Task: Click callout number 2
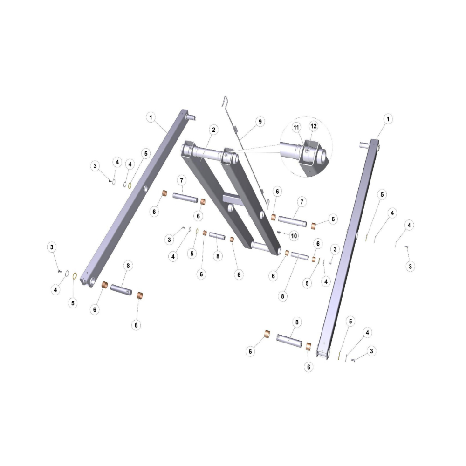(x=213, y=130)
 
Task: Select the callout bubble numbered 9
(x=260, y=122)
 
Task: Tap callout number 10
(x=294, y=236)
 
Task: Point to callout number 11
(x=296, y=128)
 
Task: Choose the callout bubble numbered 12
(x=314, y=126)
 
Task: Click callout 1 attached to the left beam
(x=151, y=117)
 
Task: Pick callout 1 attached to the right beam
(x=388, y=119)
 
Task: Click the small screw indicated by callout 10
(x=279, y=233)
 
